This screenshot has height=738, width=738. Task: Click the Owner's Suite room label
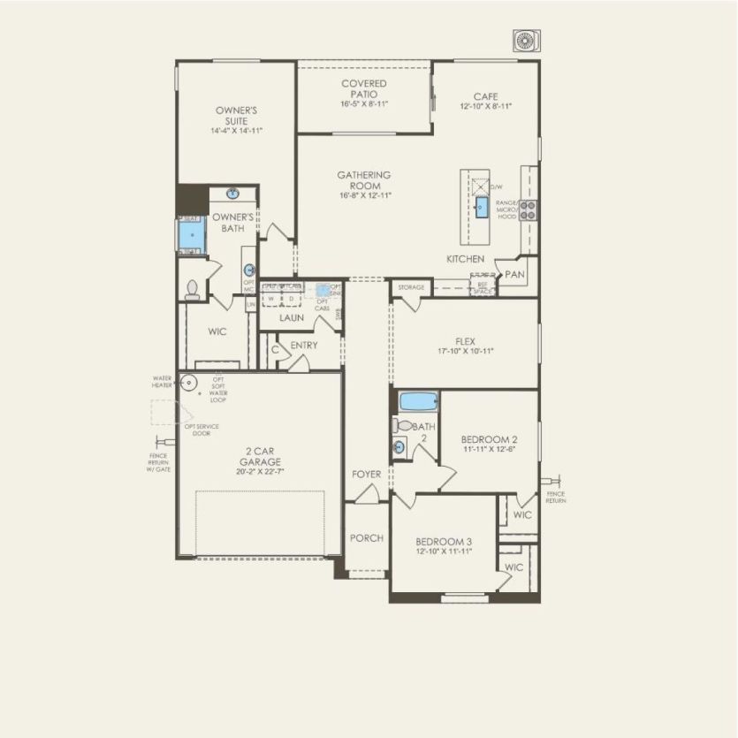(x=236, y=116)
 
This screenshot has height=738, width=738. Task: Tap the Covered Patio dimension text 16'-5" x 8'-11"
(x=364, y=104)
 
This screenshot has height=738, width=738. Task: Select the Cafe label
(x=485, y=96)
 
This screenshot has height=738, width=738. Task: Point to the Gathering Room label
(x=363, y=180)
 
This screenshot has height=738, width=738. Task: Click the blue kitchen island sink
(x=482, y=208)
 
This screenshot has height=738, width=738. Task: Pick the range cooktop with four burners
(x=528, y=209)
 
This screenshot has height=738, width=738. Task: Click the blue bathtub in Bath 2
(x=418, y=402)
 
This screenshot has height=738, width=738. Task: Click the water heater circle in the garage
(x=188, y=384)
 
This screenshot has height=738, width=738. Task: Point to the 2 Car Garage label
(x=258, y=456)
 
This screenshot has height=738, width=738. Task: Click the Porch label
(x=366, y=537)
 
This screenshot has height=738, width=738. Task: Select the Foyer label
(x=366, y=475)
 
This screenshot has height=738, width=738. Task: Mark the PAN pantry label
(x=514, y=275)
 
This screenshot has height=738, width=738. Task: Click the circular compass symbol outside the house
(x=527, y=41)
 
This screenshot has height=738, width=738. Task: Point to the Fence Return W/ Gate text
(x=159, y=462)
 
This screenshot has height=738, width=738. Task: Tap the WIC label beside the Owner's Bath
(x=217, y=333)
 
